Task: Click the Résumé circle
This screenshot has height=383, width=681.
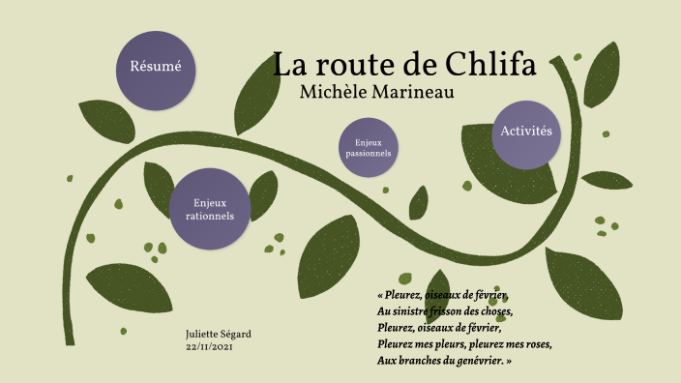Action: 156,67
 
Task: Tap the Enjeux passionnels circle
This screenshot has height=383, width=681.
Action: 368,148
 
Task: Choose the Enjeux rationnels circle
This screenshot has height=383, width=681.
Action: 209,209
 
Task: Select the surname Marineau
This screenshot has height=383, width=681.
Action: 413,92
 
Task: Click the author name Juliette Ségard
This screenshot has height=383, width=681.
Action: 218,334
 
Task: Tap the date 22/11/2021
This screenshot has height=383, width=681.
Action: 209,346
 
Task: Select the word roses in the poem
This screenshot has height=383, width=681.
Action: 534,344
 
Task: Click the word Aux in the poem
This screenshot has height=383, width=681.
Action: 387,361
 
